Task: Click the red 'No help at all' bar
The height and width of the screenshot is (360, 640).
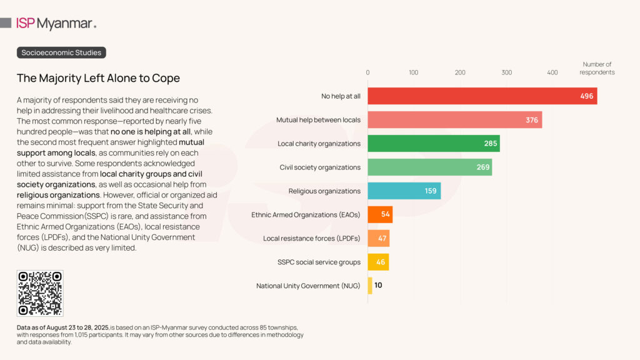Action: pyautogui.click(x=481, y=96)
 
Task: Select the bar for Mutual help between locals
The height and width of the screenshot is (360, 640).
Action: pyautogui.click(x=454, y=120)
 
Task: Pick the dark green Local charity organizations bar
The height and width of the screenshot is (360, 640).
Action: pyautogui.click(x=433, y=144)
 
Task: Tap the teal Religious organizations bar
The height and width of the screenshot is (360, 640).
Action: pyautogui.click(x=404, y=191)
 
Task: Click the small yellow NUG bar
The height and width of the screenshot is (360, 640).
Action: pyautogui.click(x=370, y=286)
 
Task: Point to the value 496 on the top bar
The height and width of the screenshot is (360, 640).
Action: pyautogui.click(x=586, y=96)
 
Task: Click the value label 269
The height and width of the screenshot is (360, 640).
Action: pyautogui.click(x=482, y=167)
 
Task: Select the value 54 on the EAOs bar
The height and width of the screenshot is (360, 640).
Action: pyautogui.click(x=385, y=215)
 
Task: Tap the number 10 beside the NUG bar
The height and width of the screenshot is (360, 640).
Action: pyautogui.click(x=378, y=286)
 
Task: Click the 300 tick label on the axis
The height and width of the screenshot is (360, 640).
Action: pyautogui.click(x=506, y=72)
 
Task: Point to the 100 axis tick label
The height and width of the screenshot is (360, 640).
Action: pyautogui.click(x=414, y=72)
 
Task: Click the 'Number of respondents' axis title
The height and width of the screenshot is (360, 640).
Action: pyautogui.click(x=597, y=68)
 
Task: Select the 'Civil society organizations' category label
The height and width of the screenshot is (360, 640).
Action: pyautogui.click(x=320, y=167)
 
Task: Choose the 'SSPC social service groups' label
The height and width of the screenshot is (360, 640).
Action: pyautogui.click(x=319, y=262)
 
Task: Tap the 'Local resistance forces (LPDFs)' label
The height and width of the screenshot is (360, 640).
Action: pyautogui.click(x=312, y=238)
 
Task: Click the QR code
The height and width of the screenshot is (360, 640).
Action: pyautogui.click(x=40, y=293)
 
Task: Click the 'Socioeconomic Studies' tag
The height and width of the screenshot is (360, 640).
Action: pyautogui.click(x=61, y=52)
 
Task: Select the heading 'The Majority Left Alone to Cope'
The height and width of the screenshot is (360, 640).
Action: pyautogui.click(x=98, y=78)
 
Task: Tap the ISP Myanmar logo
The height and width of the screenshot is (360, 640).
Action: pyautogui.click(x=56, y=24)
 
